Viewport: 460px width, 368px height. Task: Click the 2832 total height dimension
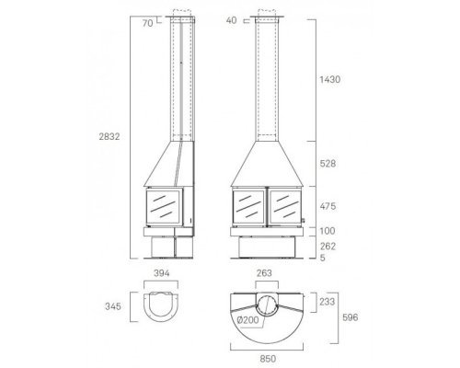[109, 137]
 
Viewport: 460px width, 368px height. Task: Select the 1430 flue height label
[330, 80]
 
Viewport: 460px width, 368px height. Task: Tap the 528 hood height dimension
[328, 164]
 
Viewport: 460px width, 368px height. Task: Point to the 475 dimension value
[328, 206]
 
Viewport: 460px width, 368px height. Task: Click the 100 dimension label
[328, 231]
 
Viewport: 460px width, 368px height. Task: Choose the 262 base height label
[328, 247]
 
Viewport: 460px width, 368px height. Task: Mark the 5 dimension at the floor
[323, 258]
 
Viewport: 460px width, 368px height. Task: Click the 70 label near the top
[147, 23]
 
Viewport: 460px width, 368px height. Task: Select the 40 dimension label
[232, 20]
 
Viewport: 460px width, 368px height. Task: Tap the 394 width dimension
[161, 273]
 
